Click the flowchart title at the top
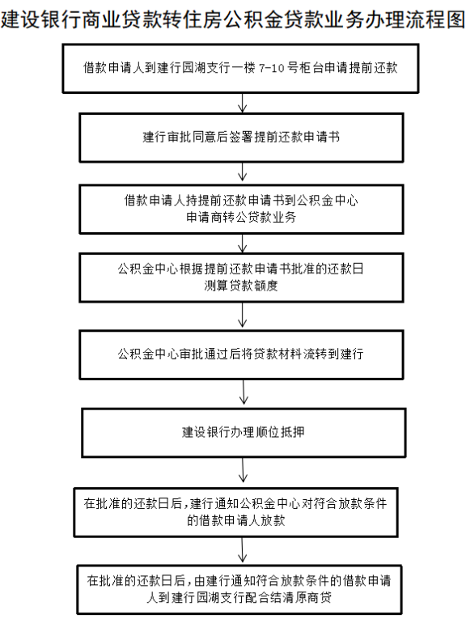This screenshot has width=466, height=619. [233, 19]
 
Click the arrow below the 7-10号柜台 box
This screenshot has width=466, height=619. [243, 103]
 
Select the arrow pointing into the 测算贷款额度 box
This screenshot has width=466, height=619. [243, 244]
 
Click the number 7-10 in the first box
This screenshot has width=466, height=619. [272, 68]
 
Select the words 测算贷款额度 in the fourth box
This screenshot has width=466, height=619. [241, 286]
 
